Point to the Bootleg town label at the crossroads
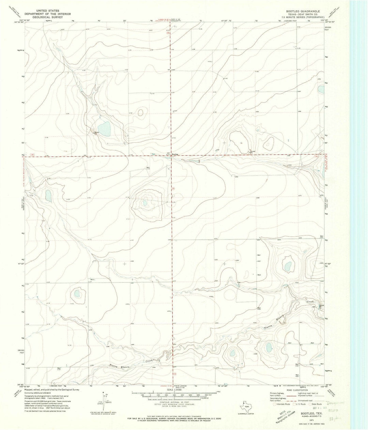pyautogui.click(x=175, y=154)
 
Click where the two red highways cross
pyautogui.click(x=171, y=156)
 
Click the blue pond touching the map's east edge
pyautogui.click(x=321, y=89)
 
